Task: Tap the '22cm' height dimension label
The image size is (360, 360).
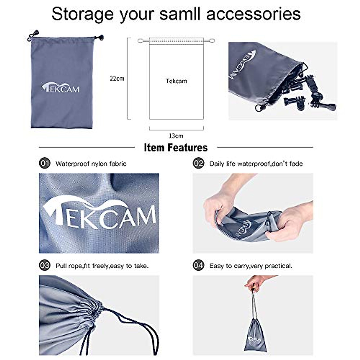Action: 117,79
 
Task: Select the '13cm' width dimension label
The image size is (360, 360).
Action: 176,136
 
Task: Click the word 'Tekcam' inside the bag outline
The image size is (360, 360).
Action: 176,81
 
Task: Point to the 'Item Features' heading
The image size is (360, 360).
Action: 176,148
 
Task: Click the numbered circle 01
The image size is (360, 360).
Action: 45,163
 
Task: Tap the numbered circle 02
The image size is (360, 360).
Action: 199,163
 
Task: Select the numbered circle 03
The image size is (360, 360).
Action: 45,265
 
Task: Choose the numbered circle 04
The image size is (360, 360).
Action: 199,265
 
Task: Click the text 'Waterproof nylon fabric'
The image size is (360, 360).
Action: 91,164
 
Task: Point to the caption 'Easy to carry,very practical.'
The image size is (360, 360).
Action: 251,266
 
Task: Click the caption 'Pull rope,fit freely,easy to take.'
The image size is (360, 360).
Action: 102,266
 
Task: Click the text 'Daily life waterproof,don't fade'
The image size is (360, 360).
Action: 256,164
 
